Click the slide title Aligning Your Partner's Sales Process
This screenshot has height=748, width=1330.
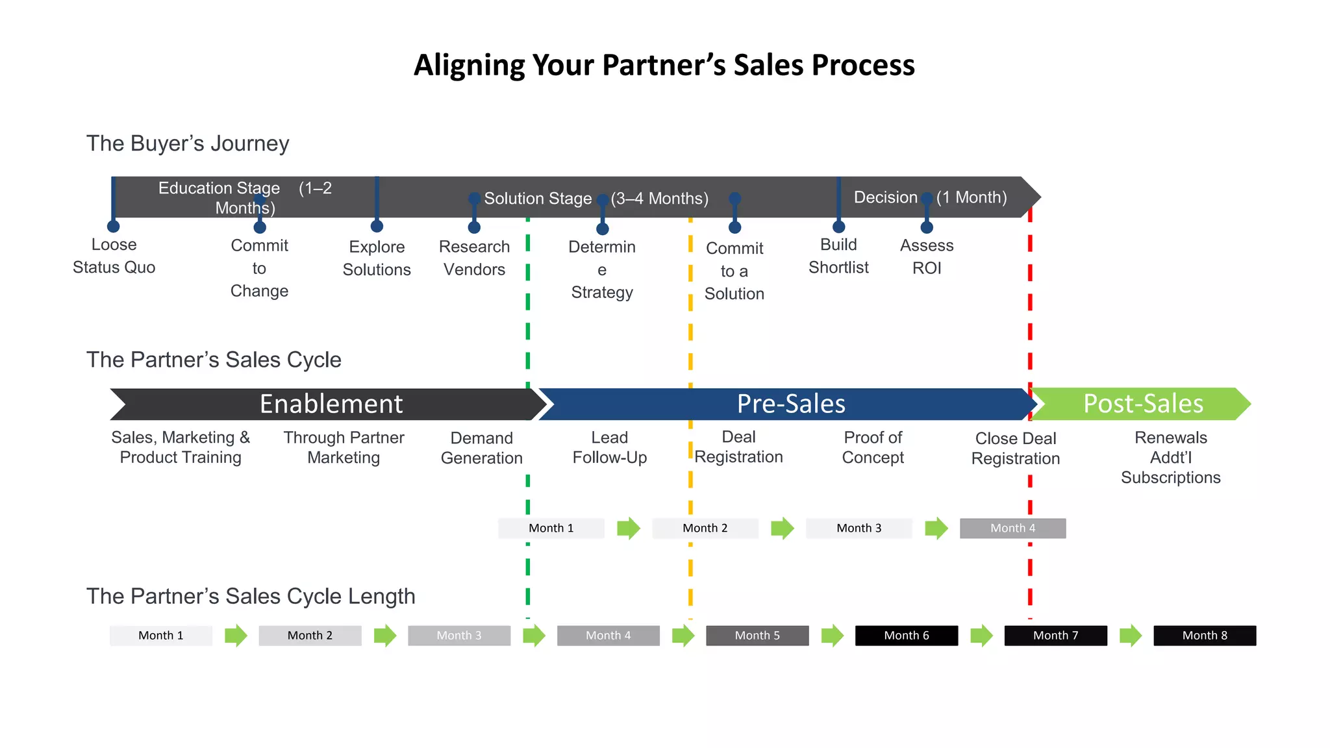664,65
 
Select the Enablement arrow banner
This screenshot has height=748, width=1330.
331,404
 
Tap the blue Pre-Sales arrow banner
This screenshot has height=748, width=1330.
790,404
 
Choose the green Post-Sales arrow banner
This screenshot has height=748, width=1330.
1142,404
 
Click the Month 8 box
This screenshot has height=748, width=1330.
1204,635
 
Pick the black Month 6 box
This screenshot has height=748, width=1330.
906,635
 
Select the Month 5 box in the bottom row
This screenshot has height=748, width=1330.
757,635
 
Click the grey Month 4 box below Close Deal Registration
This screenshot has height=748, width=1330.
1012,528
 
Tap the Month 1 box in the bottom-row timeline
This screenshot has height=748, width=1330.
160,635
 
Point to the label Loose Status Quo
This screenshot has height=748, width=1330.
114,256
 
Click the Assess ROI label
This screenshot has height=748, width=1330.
927,256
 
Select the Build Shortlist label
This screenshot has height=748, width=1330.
838,256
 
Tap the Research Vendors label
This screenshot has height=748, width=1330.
474,258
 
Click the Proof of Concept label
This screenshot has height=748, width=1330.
873,447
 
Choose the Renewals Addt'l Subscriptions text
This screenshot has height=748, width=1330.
1170,457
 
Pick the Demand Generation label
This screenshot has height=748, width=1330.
481,448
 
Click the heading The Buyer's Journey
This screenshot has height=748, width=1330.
188,143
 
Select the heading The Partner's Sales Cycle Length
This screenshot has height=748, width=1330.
251,596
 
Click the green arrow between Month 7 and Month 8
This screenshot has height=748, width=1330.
1131,635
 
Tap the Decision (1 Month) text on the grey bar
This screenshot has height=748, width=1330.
930,197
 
